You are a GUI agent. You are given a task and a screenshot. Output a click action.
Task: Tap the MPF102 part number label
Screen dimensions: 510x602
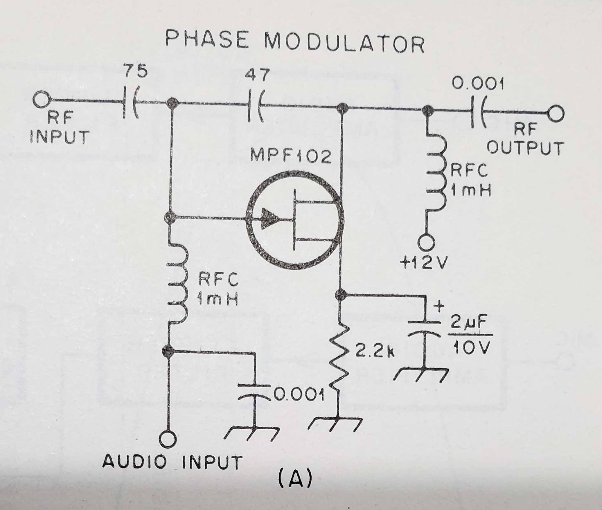coord(290,157)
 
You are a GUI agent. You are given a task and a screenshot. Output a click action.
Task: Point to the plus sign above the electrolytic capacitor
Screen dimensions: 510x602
coord(440,307)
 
